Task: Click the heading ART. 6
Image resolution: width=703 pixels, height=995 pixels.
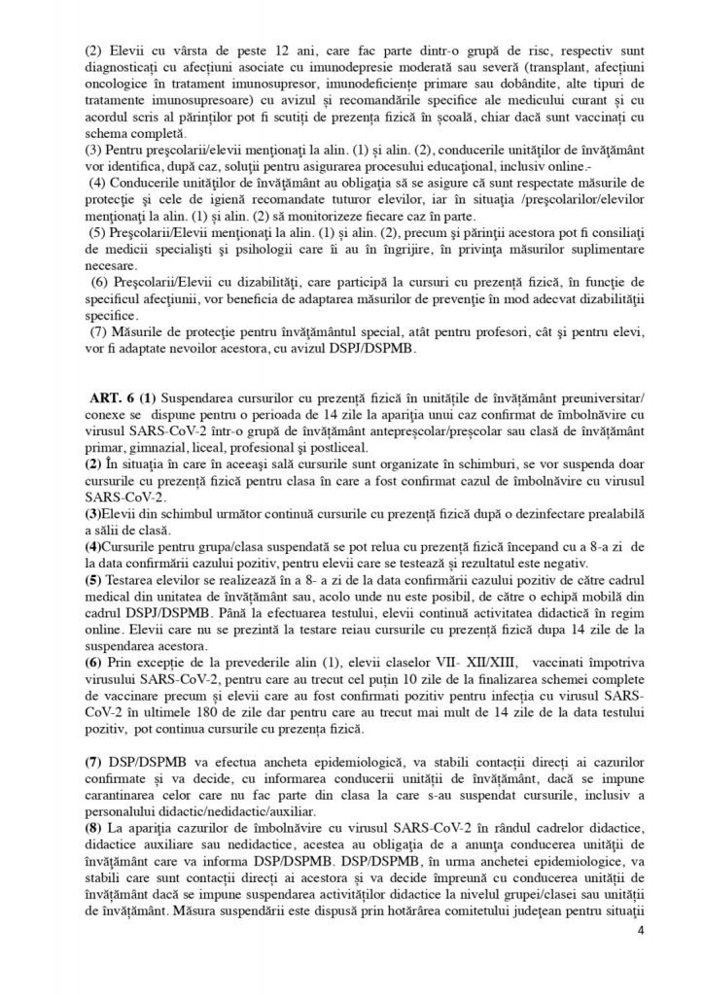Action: [x=110, y=398]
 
